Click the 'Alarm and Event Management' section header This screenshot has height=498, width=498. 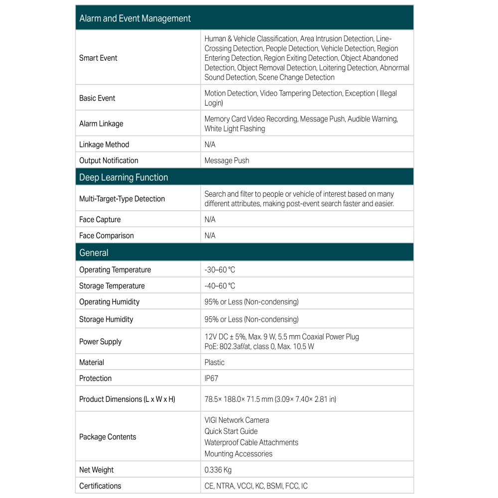tap(135, 18)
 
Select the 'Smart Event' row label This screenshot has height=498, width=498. tap(98, 58)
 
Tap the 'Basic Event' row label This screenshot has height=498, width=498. tap(97, 98)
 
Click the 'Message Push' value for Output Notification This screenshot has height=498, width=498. tap(227, 160)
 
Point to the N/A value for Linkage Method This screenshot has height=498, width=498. tap(210, 144)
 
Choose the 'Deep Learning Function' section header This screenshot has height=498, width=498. tap(124, 177)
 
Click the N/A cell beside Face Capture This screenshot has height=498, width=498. tap(210, 220)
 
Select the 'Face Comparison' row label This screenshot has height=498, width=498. tap(107, 236)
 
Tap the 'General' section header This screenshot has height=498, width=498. tap(94, 252)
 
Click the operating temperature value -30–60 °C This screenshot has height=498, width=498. tap(220, 270)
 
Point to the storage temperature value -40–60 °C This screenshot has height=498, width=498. tap(220, 286)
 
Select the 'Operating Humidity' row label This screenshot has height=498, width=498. tap(109, 302)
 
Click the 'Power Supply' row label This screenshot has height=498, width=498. tap(100, 342)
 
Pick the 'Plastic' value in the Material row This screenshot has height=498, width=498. tap(215, 363)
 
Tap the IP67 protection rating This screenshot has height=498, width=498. tap(211, 378)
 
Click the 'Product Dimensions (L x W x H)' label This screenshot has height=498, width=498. tap(127, 399)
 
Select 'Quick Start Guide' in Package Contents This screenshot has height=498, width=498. tap(231, 431)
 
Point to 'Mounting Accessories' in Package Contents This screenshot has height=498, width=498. tap(239, 454)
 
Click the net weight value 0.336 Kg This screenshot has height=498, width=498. tap(218, 470)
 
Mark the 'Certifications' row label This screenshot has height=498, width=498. tap(100, 486)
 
